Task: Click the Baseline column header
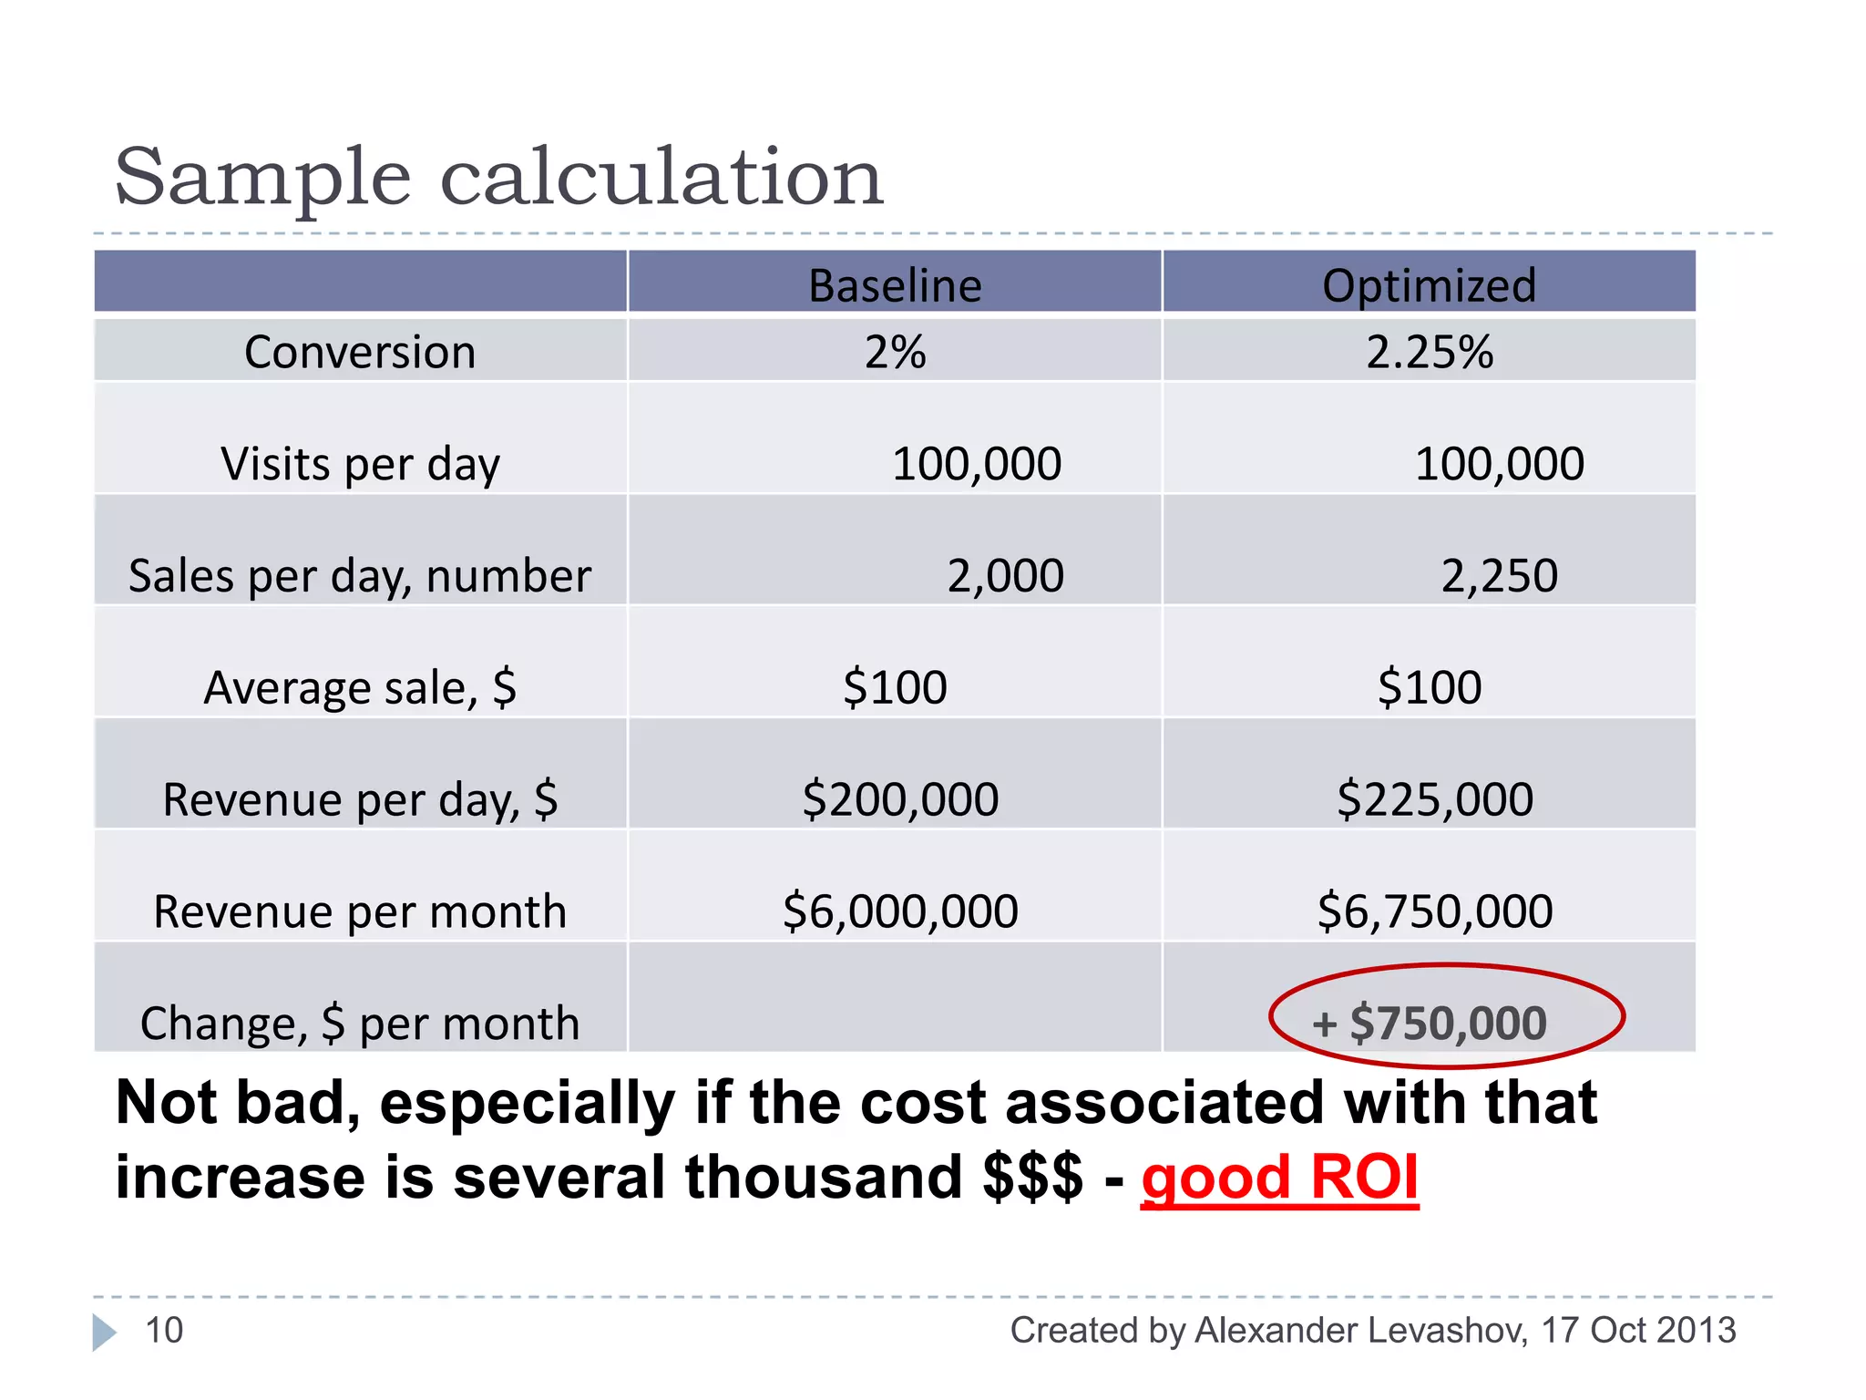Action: point(895,285)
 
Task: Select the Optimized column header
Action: point(1429,285)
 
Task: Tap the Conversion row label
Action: point(360,352)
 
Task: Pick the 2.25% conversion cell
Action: point(1429,352)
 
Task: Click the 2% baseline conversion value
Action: point(895,352)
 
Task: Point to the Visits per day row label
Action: point(360,464)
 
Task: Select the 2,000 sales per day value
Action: point(1005,576)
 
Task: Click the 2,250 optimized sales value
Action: point(1499,576)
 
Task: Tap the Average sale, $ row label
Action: point(360,687)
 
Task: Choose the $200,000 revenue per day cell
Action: point(900,799)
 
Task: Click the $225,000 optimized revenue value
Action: point(1435,799)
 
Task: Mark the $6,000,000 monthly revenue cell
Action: point(900,911)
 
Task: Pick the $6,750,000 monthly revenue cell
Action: point(1435,911)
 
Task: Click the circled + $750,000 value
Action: point(1446,1022)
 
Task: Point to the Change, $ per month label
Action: point(360,1024)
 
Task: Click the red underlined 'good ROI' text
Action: point(1279,1177)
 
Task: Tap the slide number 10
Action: point(164,1331)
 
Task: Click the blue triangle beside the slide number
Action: point(104,1332)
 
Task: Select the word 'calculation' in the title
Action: point(661,177)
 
